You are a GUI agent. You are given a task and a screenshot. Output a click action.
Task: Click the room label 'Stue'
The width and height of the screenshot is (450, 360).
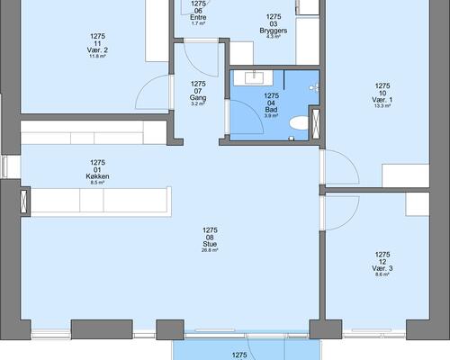coord(210,244)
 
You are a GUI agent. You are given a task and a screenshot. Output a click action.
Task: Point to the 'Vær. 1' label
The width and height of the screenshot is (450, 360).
coord(382,99)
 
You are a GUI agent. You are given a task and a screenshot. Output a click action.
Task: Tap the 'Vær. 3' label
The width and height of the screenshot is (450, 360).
coord(382,268)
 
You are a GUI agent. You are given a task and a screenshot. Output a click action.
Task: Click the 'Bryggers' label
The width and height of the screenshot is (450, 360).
coord(274,30)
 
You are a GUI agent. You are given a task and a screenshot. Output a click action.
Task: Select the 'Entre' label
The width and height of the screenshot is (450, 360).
coord(199,15)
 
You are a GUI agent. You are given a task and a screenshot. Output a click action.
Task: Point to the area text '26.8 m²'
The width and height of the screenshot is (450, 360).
coord(210,251)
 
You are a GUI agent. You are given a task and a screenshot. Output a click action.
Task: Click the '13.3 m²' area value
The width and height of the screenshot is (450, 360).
coord(382,106)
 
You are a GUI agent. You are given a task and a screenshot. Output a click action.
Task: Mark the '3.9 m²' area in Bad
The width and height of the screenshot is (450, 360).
coord(271,116)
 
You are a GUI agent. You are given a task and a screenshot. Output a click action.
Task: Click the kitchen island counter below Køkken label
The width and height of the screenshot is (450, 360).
coord(99,200)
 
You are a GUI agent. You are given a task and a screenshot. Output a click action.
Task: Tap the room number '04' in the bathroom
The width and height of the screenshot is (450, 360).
coord(271,102)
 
